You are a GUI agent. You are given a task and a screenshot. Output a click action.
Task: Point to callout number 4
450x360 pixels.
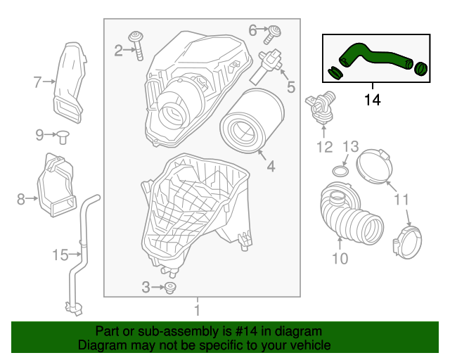(270, 167)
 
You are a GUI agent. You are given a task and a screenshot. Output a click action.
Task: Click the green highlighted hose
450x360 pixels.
(373, 58)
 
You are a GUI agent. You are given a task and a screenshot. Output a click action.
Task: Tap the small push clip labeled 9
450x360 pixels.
(61, 136)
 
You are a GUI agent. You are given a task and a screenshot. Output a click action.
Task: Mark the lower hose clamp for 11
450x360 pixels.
(408, 243)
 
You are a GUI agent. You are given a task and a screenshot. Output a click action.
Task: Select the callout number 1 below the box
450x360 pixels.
(198, 309)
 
